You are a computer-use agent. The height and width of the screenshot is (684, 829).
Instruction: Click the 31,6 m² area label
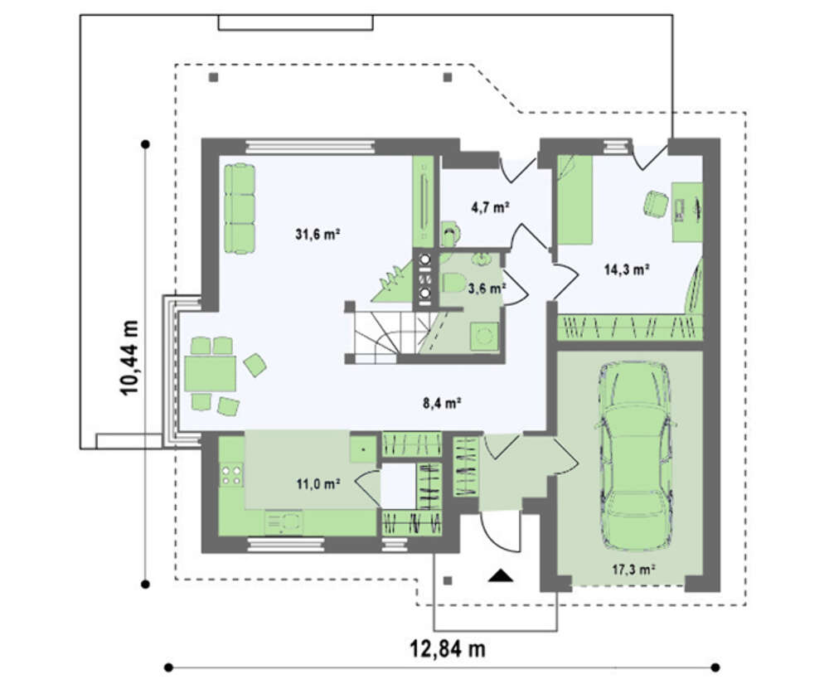[318, 234]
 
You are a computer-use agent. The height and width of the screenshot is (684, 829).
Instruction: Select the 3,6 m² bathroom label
[487, 288]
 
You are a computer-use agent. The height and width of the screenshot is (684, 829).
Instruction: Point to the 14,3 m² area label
[627, 270]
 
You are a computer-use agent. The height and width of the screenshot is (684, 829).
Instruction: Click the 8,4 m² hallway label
[442, 403]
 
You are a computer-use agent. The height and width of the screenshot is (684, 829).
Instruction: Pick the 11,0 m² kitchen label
[318, 483]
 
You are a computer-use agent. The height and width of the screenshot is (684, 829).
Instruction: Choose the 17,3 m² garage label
[634, 570]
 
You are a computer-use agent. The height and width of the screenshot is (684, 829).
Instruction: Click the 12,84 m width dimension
[448, 648]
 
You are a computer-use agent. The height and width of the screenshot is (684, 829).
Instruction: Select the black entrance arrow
[501, 575]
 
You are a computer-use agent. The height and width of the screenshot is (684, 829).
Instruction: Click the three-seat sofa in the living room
[240, 208]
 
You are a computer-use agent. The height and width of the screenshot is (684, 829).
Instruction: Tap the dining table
[211, 374]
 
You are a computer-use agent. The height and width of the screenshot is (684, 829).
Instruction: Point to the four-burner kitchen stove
[231, 474]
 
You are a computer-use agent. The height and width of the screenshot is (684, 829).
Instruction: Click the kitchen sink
[284, 522]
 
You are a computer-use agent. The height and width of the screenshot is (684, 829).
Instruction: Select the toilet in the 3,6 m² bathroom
[451, 283]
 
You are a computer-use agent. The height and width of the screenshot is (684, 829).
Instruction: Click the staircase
[390, 337]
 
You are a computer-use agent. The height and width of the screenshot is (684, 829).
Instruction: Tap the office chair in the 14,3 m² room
[656, 203]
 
